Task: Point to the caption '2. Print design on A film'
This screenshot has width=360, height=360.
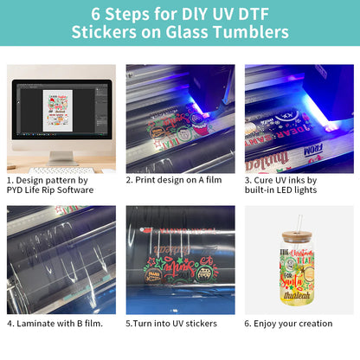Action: [x=173, y=180]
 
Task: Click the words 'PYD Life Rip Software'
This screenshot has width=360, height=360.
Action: [x=49, y=190]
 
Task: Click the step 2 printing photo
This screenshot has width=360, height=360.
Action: [x=179, y=119]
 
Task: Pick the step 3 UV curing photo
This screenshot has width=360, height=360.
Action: [x=298, y=119]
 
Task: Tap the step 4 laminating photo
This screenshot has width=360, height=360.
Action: [x=61, y=260]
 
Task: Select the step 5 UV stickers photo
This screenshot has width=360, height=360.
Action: [x=179, y=260]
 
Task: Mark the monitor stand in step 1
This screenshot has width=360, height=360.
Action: [x=62, y=157]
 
